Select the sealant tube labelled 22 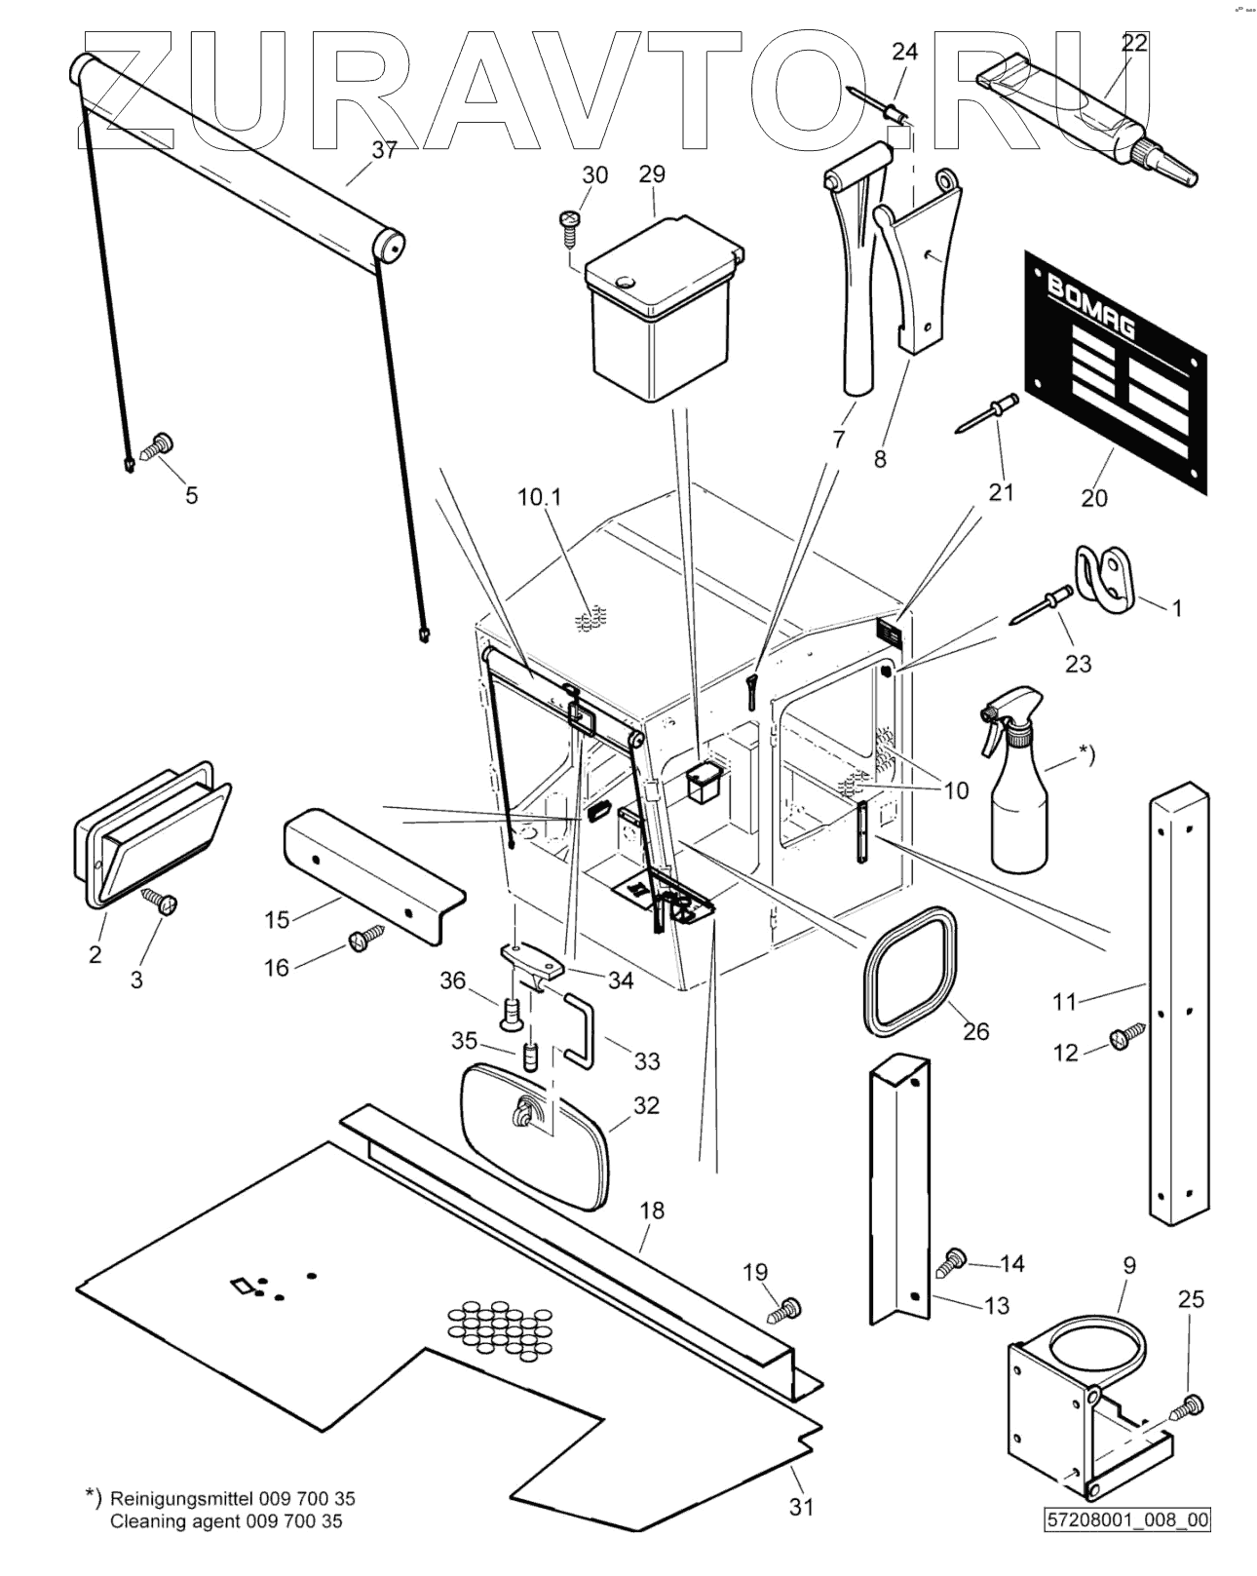pos(1082,115)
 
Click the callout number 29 pos(652,173)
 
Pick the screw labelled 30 pos(569,221)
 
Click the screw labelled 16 pos(362,941)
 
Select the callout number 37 pos(384,150)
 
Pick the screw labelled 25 pos(1188,1406)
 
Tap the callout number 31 pos(801,1507)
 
